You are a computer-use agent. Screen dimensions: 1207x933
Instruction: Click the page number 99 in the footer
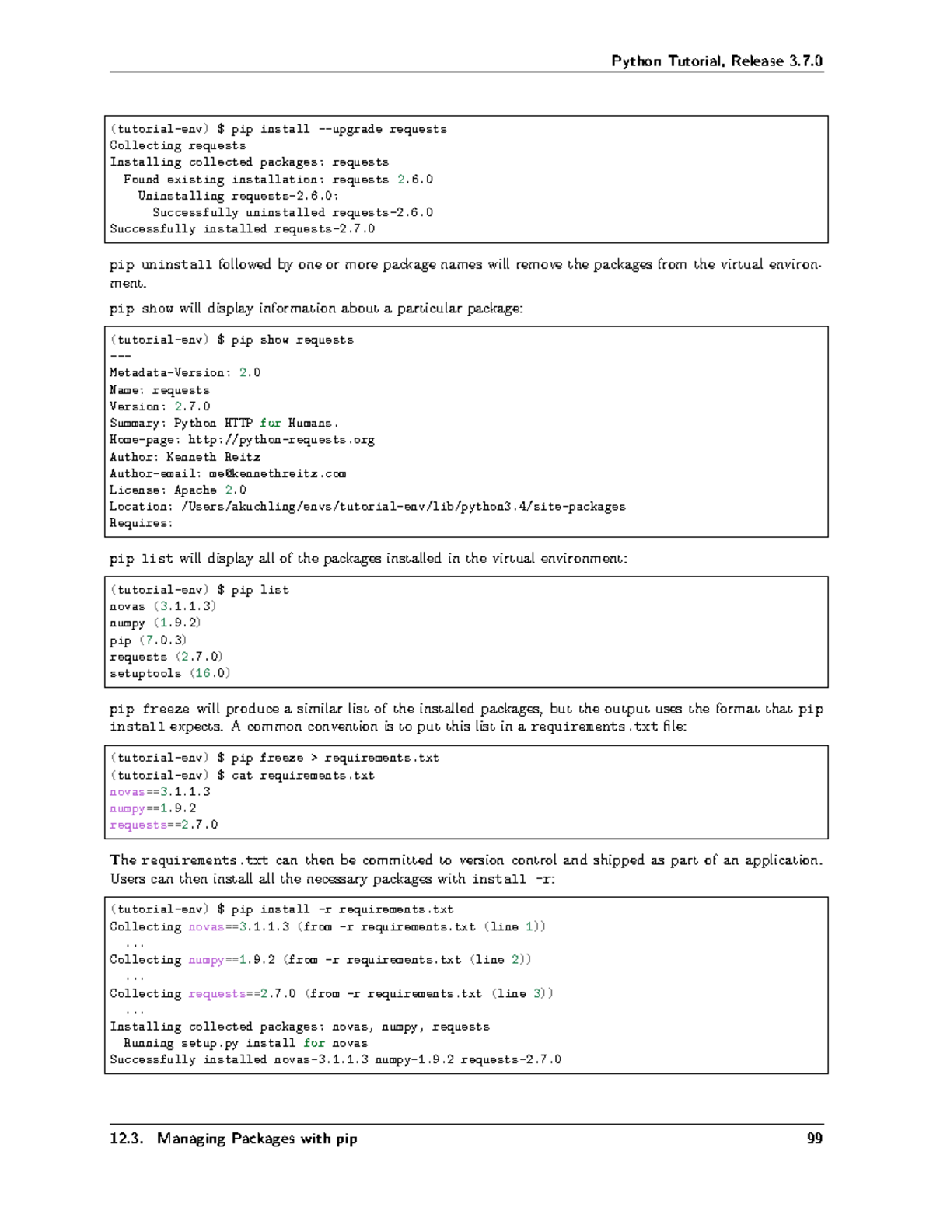[x=814, y=1139]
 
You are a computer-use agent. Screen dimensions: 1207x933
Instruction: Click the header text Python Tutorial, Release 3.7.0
[x=716, y=61]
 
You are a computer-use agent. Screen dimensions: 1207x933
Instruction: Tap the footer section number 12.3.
[x=126, y=1139]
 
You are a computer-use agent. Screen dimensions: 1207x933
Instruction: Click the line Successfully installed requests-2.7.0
[x=242, y=228]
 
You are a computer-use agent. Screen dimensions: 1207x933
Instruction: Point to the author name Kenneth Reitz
[x=213, y=457]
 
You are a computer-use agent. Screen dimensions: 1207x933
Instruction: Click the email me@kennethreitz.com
[x=277, y=473]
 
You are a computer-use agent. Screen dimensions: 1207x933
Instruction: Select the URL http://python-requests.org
[x=281, y=440]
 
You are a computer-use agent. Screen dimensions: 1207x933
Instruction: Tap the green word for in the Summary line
[x=270, y=424]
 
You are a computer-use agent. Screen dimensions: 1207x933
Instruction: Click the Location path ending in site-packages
[x=403, y=507]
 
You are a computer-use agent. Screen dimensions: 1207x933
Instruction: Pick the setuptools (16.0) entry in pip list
[x=169, y=673]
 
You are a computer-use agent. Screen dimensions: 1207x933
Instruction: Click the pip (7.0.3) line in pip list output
[x=148, y=640]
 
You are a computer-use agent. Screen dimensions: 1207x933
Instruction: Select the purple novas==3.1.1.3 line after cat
[x=159, y=792]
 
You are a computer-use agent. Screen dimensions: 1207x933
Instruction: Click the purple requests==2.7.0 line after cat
[x=163, y=825]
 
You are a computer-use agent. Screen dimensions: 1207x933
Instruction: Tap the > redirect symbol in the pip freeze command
[x=314, y=758]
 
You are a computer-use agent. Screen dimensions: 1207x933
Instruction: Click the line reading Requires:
[x=141, y=523]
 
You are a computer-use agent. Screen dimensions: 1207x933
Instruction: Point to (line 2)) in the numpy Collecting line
[x=501, y=960]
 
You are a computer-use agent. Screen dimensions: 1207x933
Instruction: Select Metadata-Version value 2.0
[x=250, y=373]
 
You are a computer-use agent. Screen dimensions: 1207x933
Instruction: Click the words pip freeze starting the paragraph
[x=149, y=709]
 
